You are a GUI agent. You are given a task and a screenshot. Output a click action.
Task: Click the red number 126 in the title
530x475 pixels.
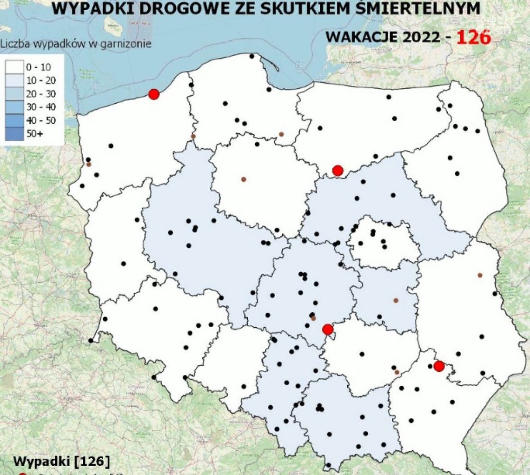473,37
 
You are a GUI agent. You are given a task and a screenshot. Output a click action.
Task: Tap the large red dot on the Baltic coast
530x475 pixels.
154,94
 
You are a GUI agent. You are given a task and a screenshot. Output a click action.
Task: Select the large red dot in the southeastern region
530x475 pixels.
438,366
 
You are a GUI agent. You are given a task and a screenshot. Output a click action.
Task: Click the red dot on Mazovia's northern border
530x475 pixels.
338,171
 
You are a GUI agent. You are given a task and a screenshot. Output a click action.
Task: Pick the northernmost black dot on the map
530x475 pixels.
252,56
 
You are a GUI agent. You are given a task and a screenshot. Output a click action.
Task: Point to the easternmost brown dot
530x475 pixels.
480,275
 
